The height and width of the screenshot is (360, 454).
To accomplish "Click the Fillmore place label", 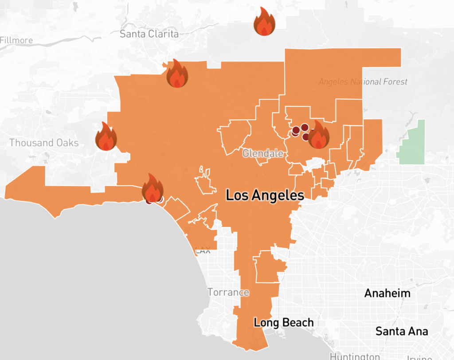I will coord(16,40).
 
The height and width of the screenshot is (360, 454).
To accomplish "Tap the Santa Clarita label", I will coord(149,34).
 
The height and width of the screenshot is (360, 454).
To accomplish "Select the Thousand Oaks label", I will coord(44,143).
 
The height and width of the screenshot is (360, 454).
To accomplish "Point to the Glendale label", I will coord(263,154).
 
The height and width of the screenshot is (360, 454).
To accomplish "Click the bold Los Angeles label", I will coord(265,195).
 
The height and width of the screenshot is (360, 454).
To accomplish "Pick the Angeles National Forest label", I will coord(363,82).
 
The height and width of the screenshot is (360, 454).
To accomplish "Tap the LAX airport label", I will coord(203,251).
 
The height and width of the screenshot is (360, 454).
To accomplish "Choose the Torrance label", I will coord(228,292).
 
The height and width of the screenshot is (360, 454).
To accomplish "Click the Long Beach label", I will coord(283,322).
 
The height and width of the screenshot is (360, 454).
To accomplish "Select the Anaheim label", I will coord(387,293).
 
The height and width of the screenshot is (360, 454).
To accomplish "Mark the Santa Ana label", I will coord(402,331).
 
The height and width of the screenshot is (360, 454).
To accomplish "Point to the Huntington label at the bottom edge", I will coord(355,356).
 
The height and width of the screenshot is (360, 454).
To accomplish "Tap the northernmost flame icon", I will coord(265,22).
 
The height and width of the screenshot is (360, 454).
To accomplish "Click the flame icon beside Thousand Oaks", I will coord(106,137).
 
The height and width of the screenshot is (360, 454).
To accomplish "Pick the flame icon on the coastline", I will coord(153,188).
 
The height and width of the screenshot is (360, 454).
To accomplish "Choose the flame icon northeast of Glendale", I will coord(318,135).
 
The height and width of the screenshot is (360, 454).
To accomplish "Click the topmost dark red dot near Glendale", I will coord(305,127).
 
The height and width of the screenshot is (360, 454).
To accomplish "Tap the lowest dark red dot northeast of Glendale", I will coord(306,137).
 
